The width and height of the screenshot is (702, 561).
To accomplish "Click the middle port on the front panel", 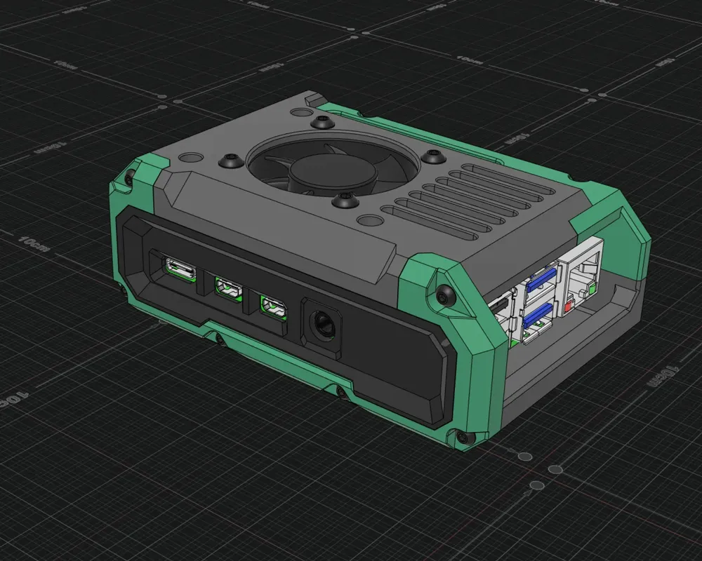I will [x=227, y=288].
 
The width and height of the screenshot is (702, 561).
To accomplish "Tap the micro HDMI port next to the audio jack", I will [x=273, y=306].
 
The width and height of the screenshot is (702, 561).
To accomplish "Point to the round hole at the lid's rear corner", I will [x=298, y=113].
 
